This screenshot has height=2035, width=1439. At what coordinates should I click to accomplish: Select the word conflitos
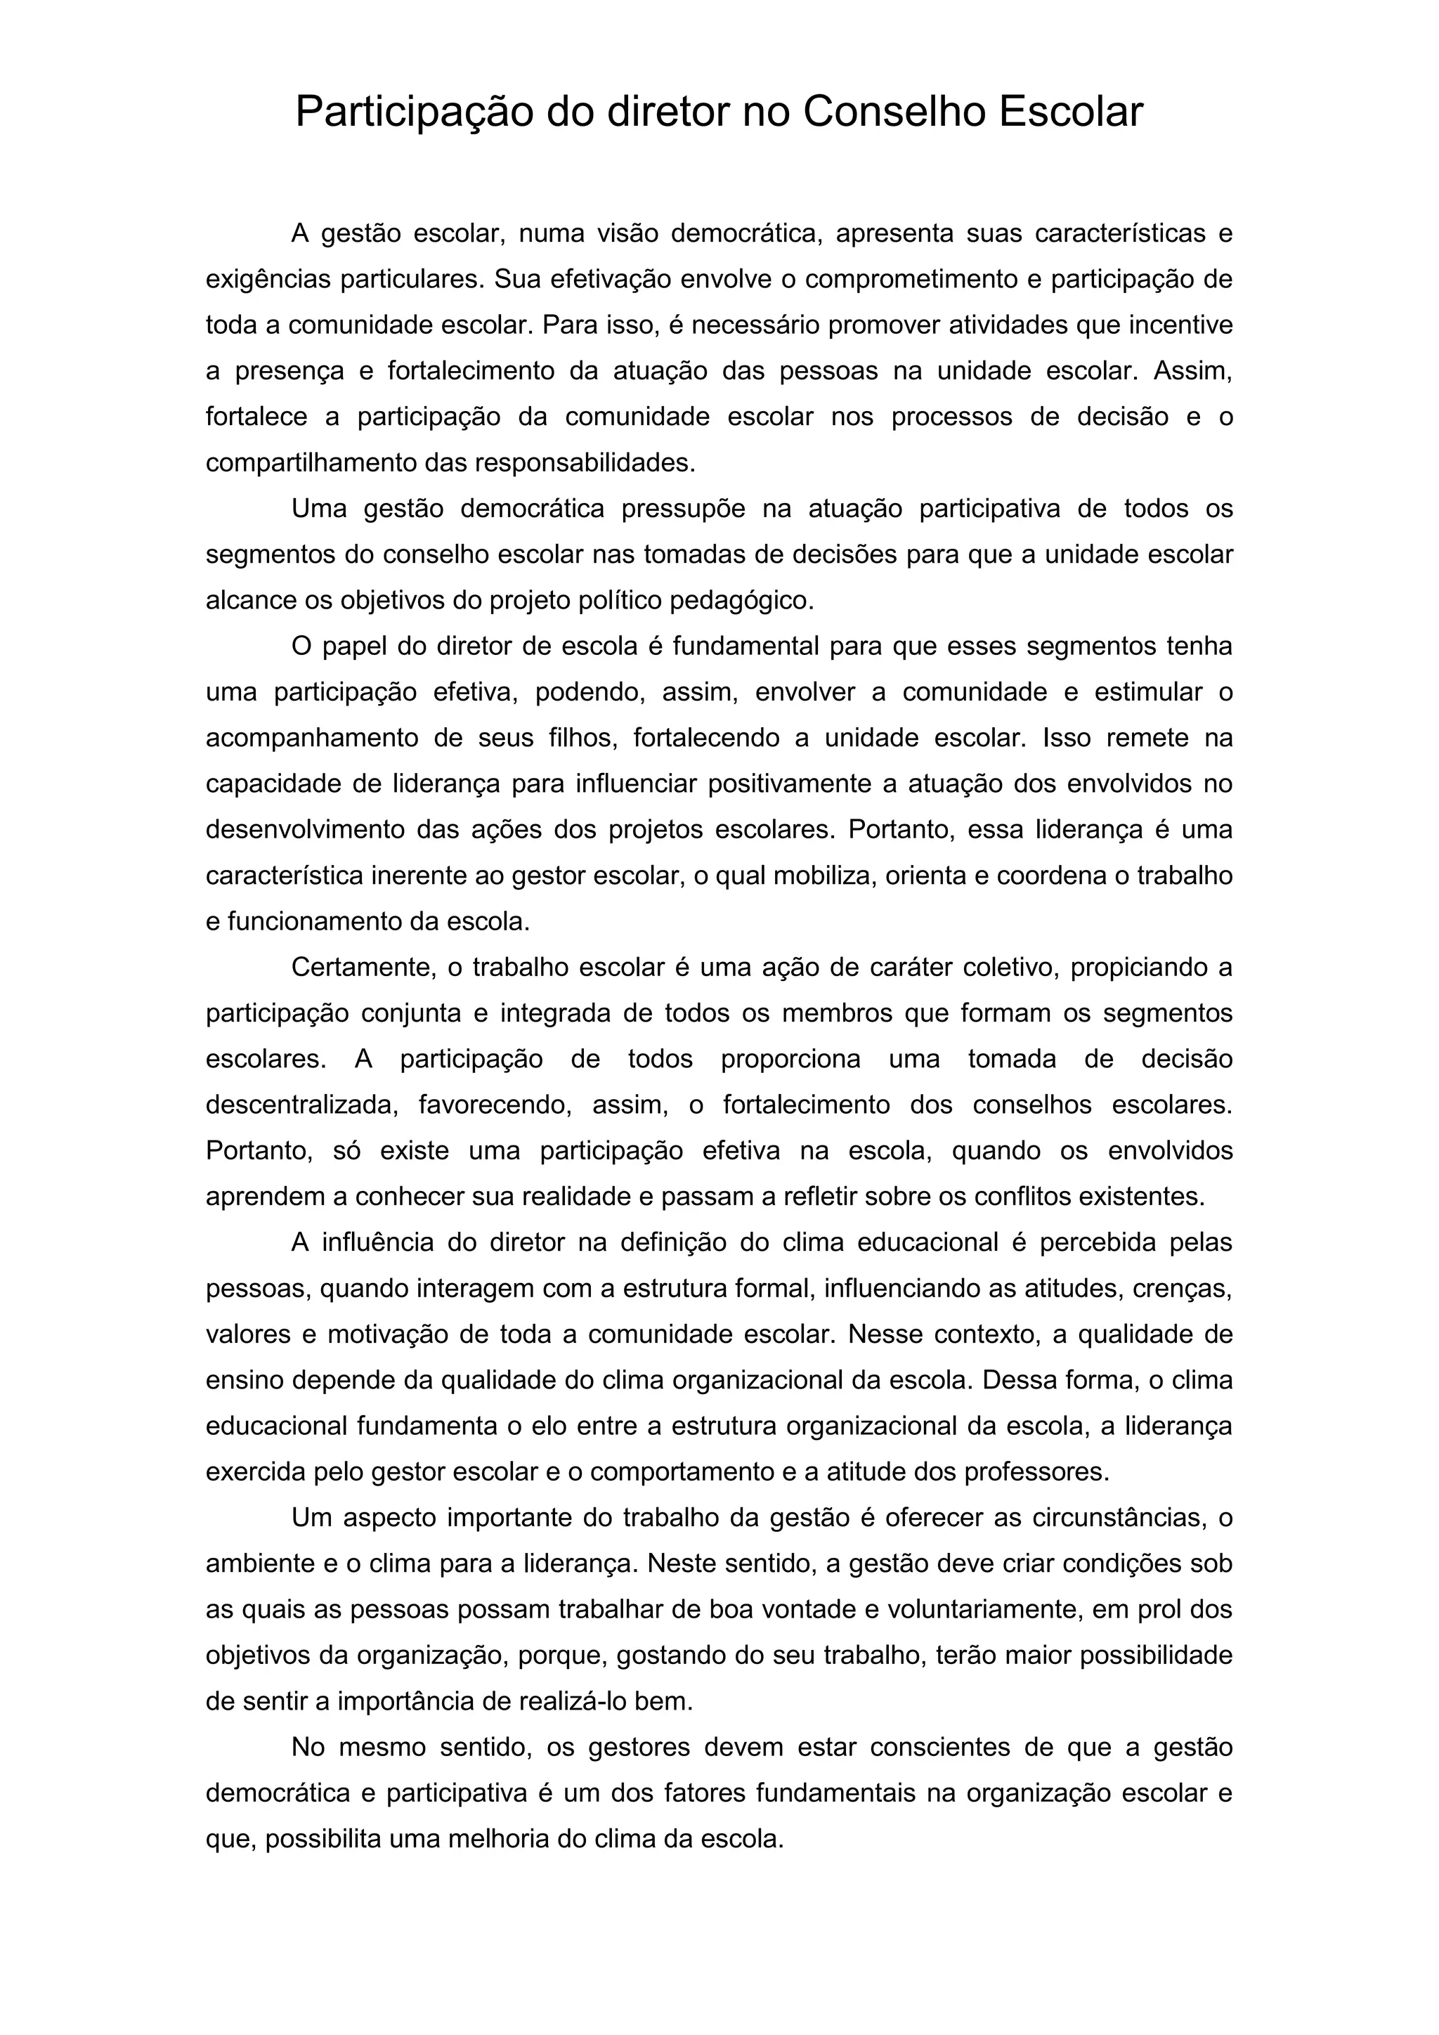click(1024, 1197)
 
